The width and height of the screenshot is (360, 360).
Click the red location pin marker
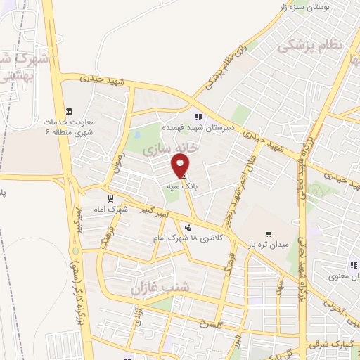[x=180, y=162]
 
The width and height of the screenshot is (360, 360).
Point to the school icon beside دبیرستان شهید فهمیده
[x=198, y=117]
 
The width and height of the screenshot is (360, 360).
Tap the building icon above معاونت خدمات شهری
[x=69, y=112]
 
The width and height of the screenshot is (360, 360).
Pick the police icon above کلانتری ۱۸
[x=187, y=226]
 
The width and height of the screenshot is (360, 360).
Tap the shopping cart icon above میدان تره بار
[x=268, y=233]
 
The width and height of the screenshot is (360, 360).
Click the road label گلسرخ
[x=210, y=325]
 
